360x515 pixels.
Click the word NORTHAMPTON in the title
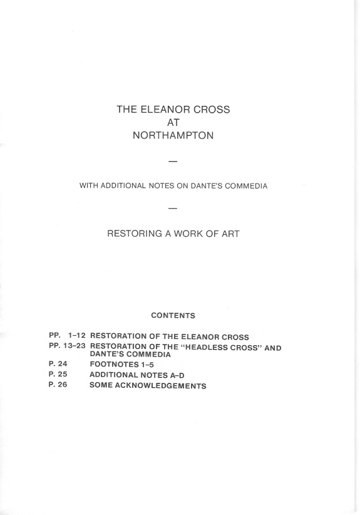point(173,135)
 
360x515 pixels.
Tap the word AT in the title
point(173,122)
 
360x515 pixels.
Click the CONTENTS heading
point(173,315)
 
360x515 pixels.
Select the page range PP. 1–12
point(67,337)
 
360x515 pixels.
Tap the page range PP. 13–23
point(67,346)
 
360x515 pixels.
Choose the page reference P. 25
point(58,374)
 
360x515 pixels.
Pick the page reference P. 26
point(58,385)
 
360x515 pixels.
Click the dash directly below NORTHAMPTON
point(173,162)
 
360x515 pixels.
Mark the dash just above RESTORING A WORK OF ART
point(173,207)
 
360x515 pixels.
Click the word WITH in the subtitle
point(88,185)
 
